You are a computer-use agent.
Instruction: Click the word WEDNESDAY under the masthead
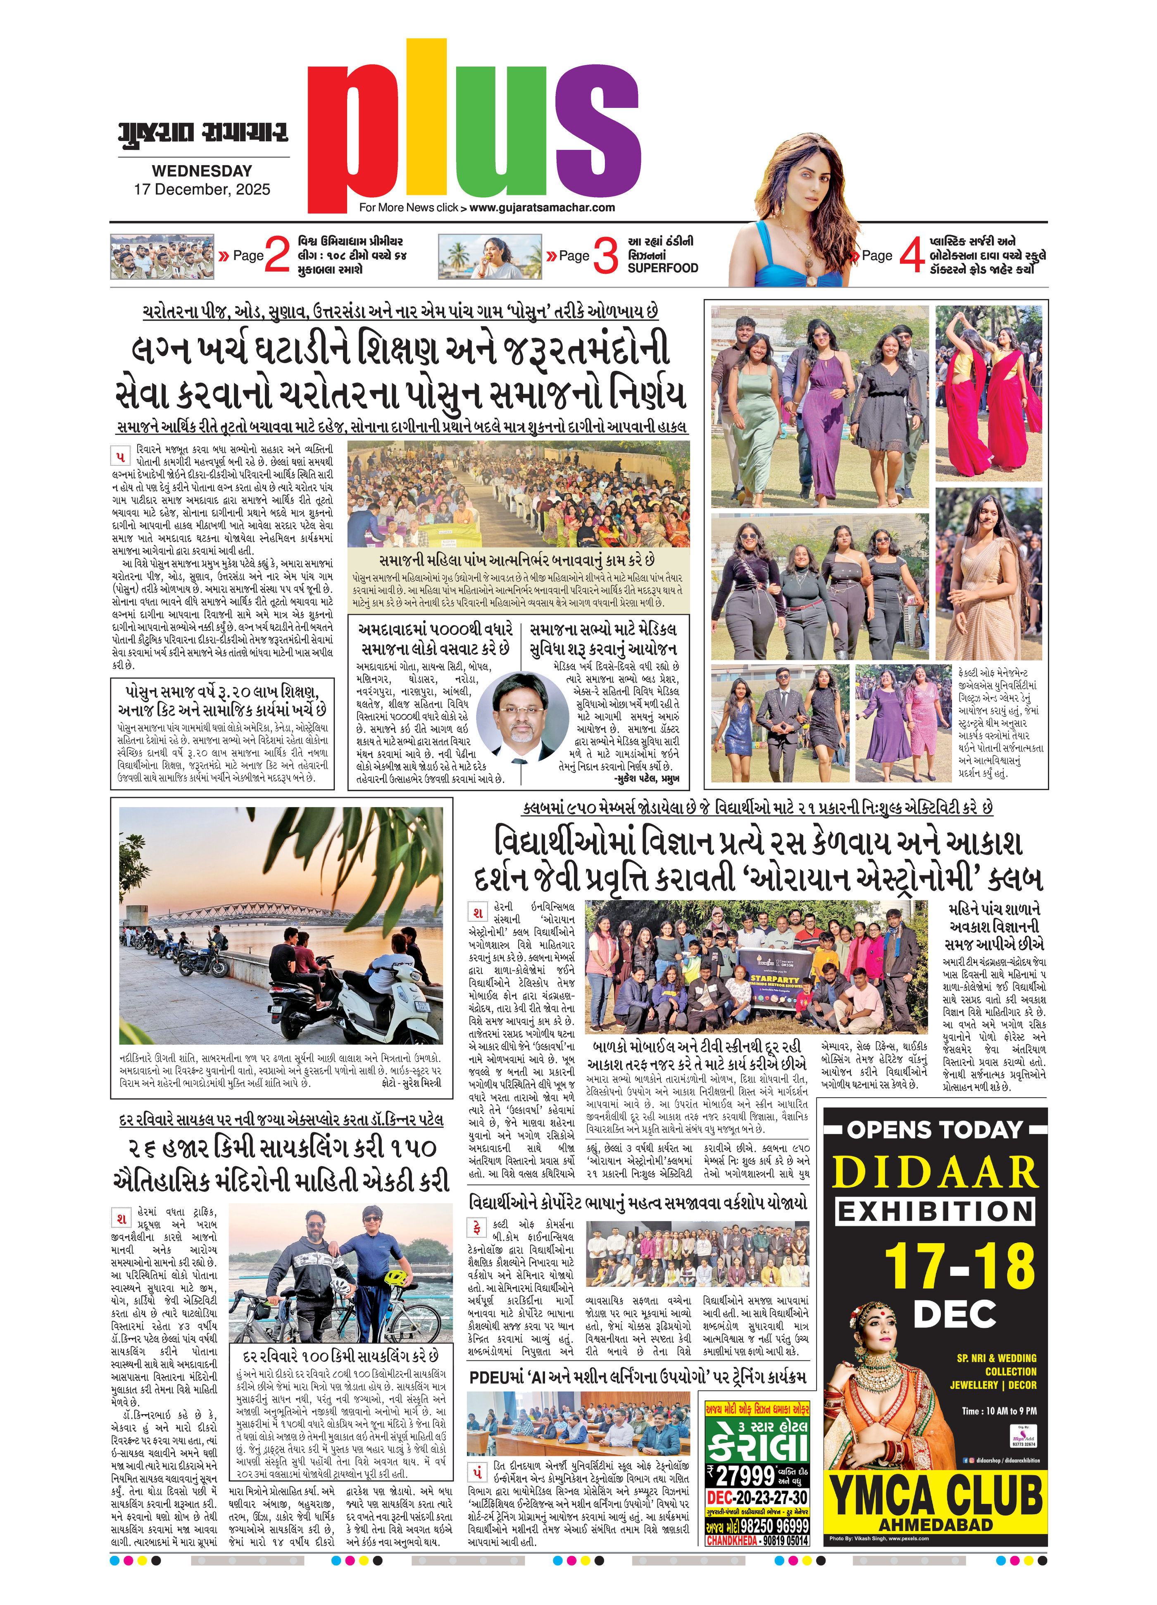point(202,171)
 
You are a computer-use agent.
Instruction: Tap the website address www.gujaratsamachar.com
point(541,207)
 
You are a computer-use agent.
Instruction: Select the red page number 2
point(277,255)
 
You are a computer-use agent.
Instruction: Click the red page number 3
point(605,255)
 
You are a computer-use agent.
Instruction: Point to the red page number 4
point(912,255)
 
